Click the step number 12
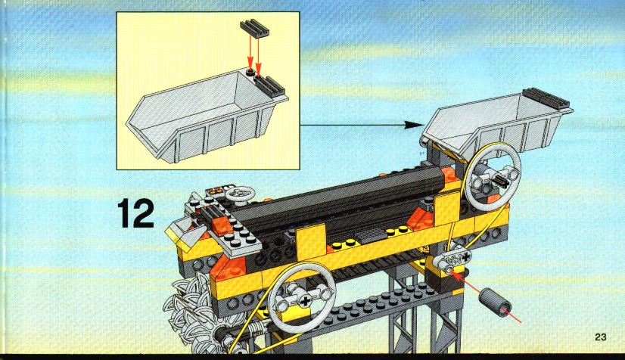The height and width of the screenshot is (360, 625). click(x=135, y=213)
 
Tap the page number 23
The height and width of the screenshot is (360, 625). click(x=601, y=337)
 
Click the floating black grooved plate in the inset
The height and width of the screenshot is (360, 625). click(x=254, y=29)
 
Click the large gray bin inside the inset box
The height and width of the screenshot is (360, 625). click(x=206, y=116)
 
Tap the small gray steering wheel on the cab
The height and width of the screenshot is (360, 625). click(x=240, y=194)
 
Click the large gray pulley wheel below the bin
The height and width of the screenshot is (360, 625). click(x=493, y=175)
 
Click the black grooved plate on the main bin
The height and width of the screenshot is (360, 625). click(x=546, y=99)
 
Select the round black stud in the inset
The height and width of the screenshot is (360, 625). click(x=250, y=72)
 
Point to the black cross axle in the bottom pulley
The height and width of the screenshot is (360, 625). click(x=305, y=301)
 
